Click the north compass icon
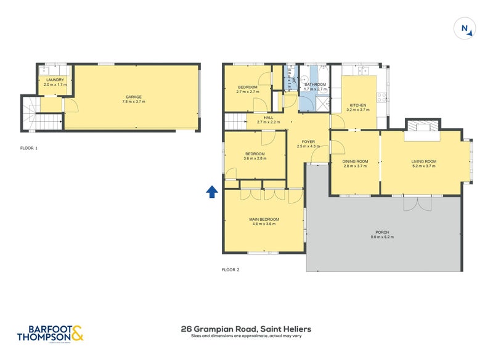(x=463, y=29)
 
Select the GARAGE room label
(x=134, y=97)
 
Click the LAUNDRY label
(x=54, y=80)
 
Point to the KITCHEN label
(x=358, y=105)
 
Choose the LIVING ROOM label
(x=423, y=162)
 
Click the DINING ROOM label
(x=356, y=162)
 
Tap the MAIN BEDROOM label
(x=264, y=219)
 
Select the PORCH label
(x=381, y=232)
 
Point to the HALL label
(x=268, y=117)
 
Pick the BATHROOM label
(x=315, y=84)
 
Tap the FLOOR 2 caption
(x=230, y=269)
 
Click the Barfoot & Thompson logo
(x=51, y=333)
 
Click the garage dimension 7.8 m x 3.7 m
(x=134, y=102)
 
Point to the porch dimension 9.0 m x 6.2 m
(x=381, y=237)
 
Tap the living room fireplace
(x=423, y=126)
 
